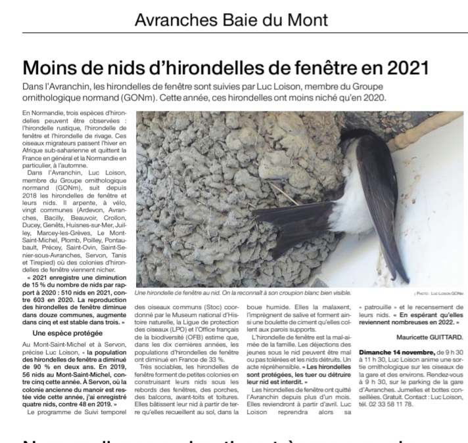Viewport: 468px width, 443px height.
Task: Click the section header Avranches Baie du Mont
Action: [x=231, y=20]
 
